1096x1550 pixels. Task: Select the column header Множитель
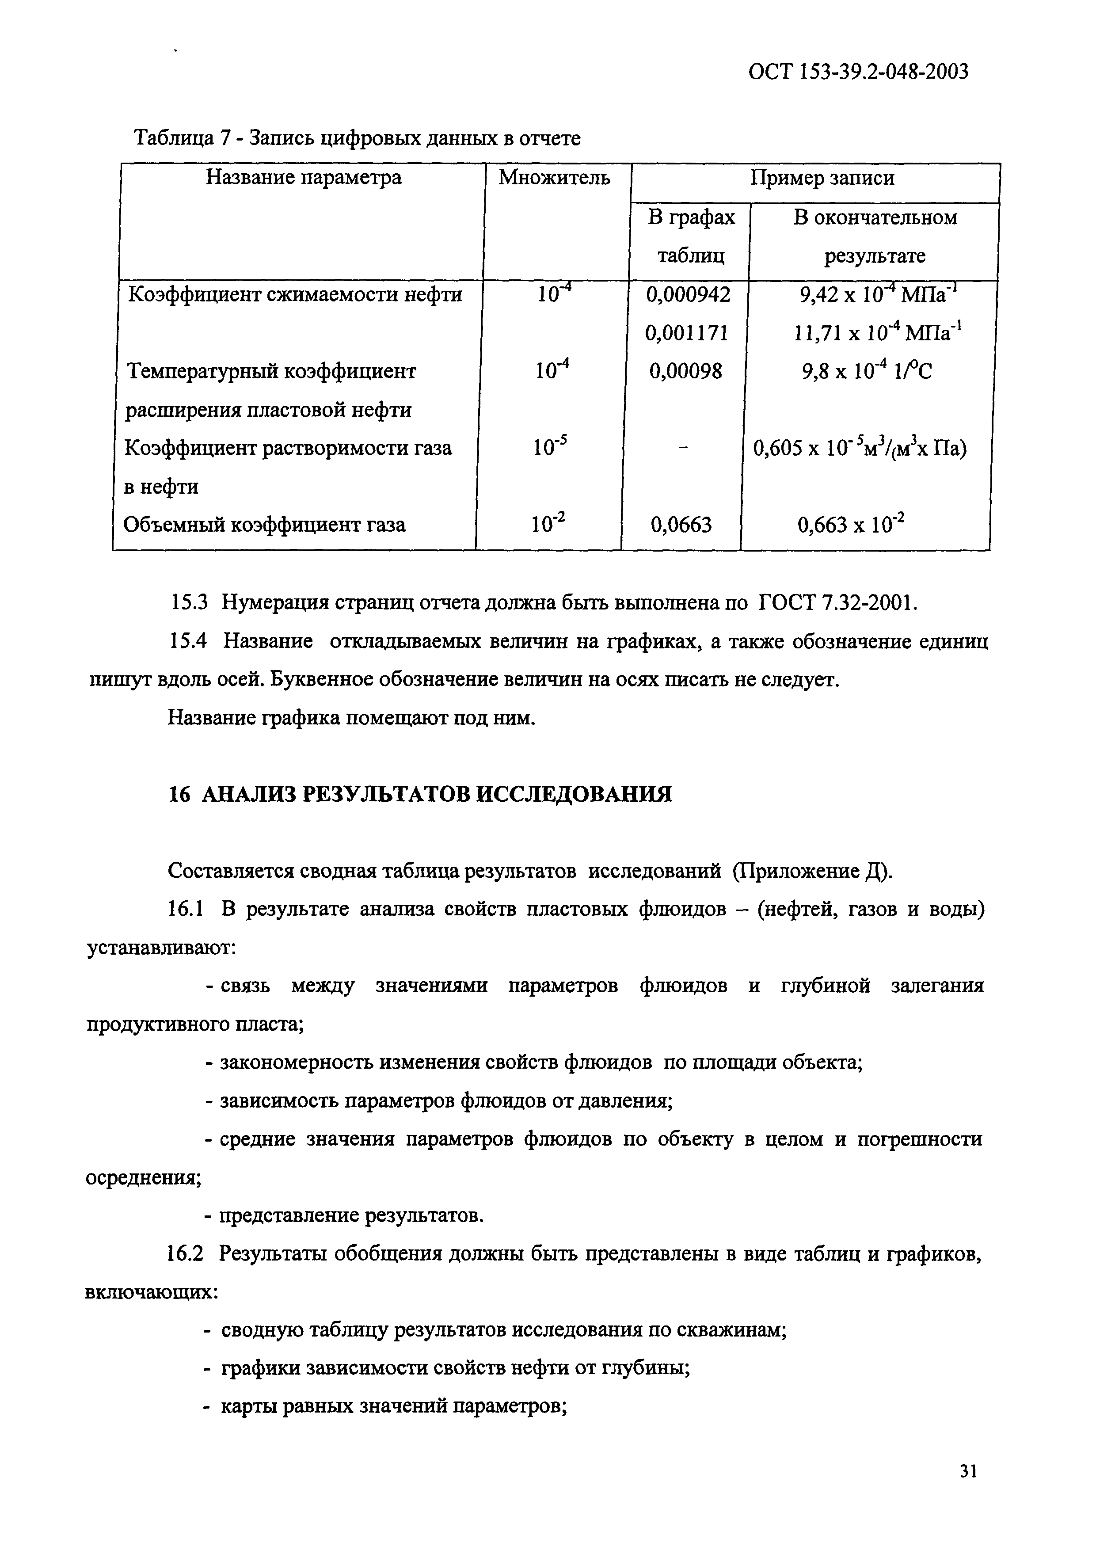[554, 178]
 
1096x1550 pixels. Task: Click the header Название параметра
[303, 178]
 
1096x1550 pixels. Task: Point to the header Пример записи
[822, 178]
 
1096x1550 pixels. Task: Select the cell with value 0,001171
[687, 333]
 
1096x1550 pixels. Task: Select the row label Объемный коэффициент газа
[265, 525]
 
